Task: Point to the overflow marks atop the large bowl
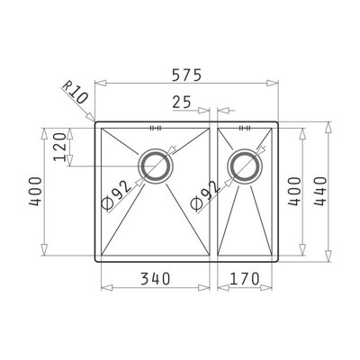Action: pos(155,127)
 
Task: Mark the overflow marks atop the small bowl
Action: pos(243,127)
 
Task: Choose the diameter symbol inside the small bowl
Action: pos(195,204)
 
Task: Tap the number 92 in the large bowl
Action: pos(123,189)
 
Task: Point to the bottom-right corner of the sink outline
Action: pos(280,261)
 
